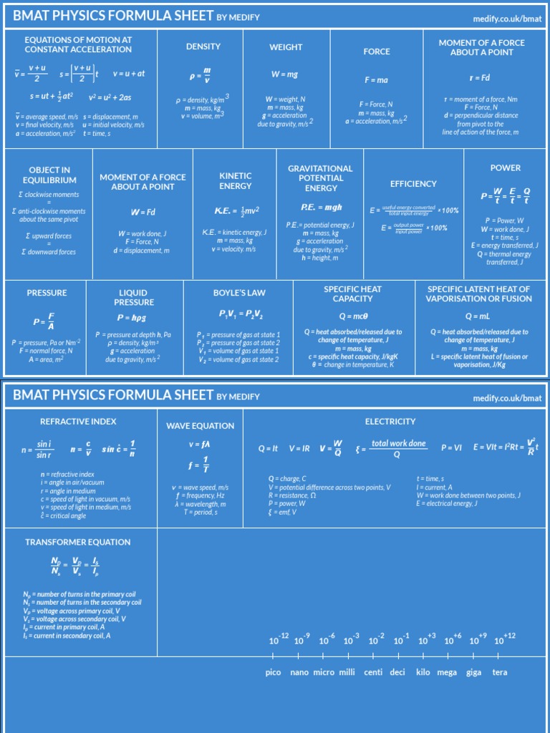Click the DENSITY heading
[x=203, y=47]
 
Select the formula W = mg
[x=285, y=74]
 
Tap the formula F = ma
[x=376, y=80]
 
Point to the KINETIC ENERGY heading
[x=236, y=180]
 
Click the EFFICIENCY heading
[x=413, y=184]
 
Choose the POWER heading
[x=506, y=168]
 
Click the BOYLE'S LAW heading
[x=239, y=293]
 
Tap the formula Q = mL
[x=478, y=316]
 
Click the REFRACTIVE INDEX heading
[x=78, y=422]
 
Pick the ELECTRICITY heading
[x=390, y=422]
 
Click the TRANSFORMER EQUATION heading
[x=78, y=542]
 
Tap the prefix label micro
[x=324, y=672]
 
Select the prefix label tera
[x=500, y=672]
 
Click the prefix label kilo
[x=423, y=672]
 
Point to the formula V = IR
[x=299, y=448]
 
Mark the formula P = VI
[x=451, y=448]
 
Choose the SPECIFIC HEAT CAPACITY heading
[x=353, y=293]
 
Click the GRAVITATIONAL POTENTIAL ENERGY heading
[x=320, y=178]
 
